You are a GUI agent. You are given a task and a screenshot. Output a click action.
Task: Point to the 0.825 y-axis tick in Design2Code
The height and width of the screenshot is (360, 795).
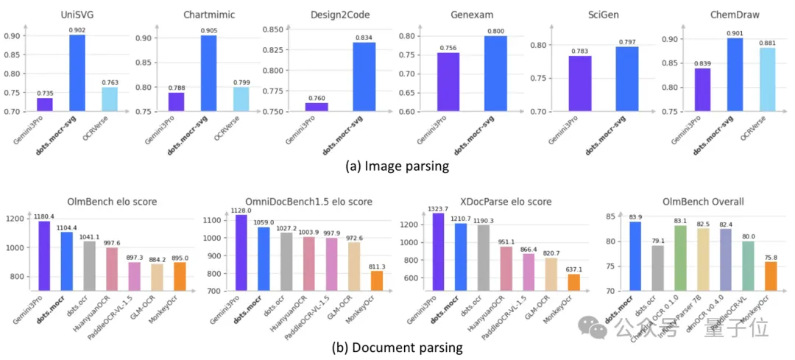coord(274,49)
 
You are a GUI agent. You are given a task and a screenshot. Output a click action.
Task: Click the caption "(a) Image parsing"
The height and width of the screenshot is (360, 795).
coord(397,166)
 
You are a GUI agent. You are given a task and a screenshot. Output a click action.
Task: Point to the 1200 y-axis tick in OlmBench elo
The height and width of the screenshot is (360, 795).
coord(14,219)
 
